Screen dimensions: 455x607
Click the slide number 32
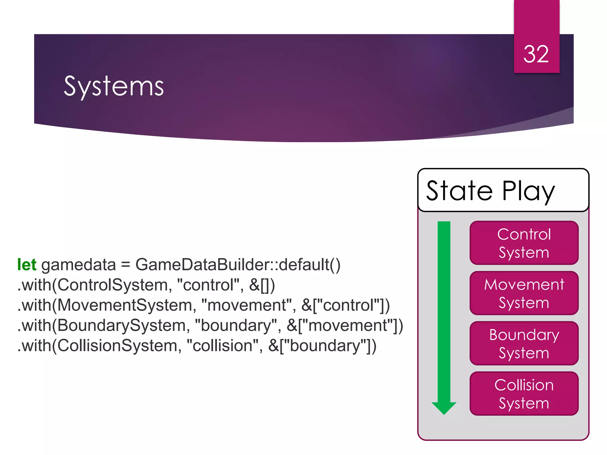(x=536, y=55)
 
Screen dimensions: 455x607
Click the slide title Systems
(x=114, y=86)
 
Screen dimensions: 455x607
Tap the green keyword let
(x=27, y=265)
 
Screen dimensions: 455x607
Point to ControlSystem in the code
(x=113, y=285)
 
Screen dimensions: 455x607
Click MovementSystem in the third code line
(x=124, y=305)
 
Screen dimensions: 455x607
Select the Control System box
(x=524, y=243)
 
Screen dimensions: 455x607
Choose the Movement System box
(x=524, y=293)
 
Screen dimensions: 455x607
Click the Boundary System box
(x=524, y=343)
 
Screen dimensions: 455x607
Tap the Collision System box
(x=524, y=394)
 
